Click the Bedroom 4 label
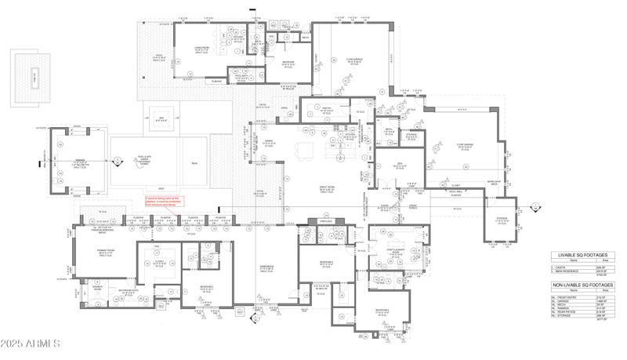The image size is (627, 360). [x=382, y=311]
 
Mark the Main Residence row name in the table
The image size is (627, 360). [x=571, y=271]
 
